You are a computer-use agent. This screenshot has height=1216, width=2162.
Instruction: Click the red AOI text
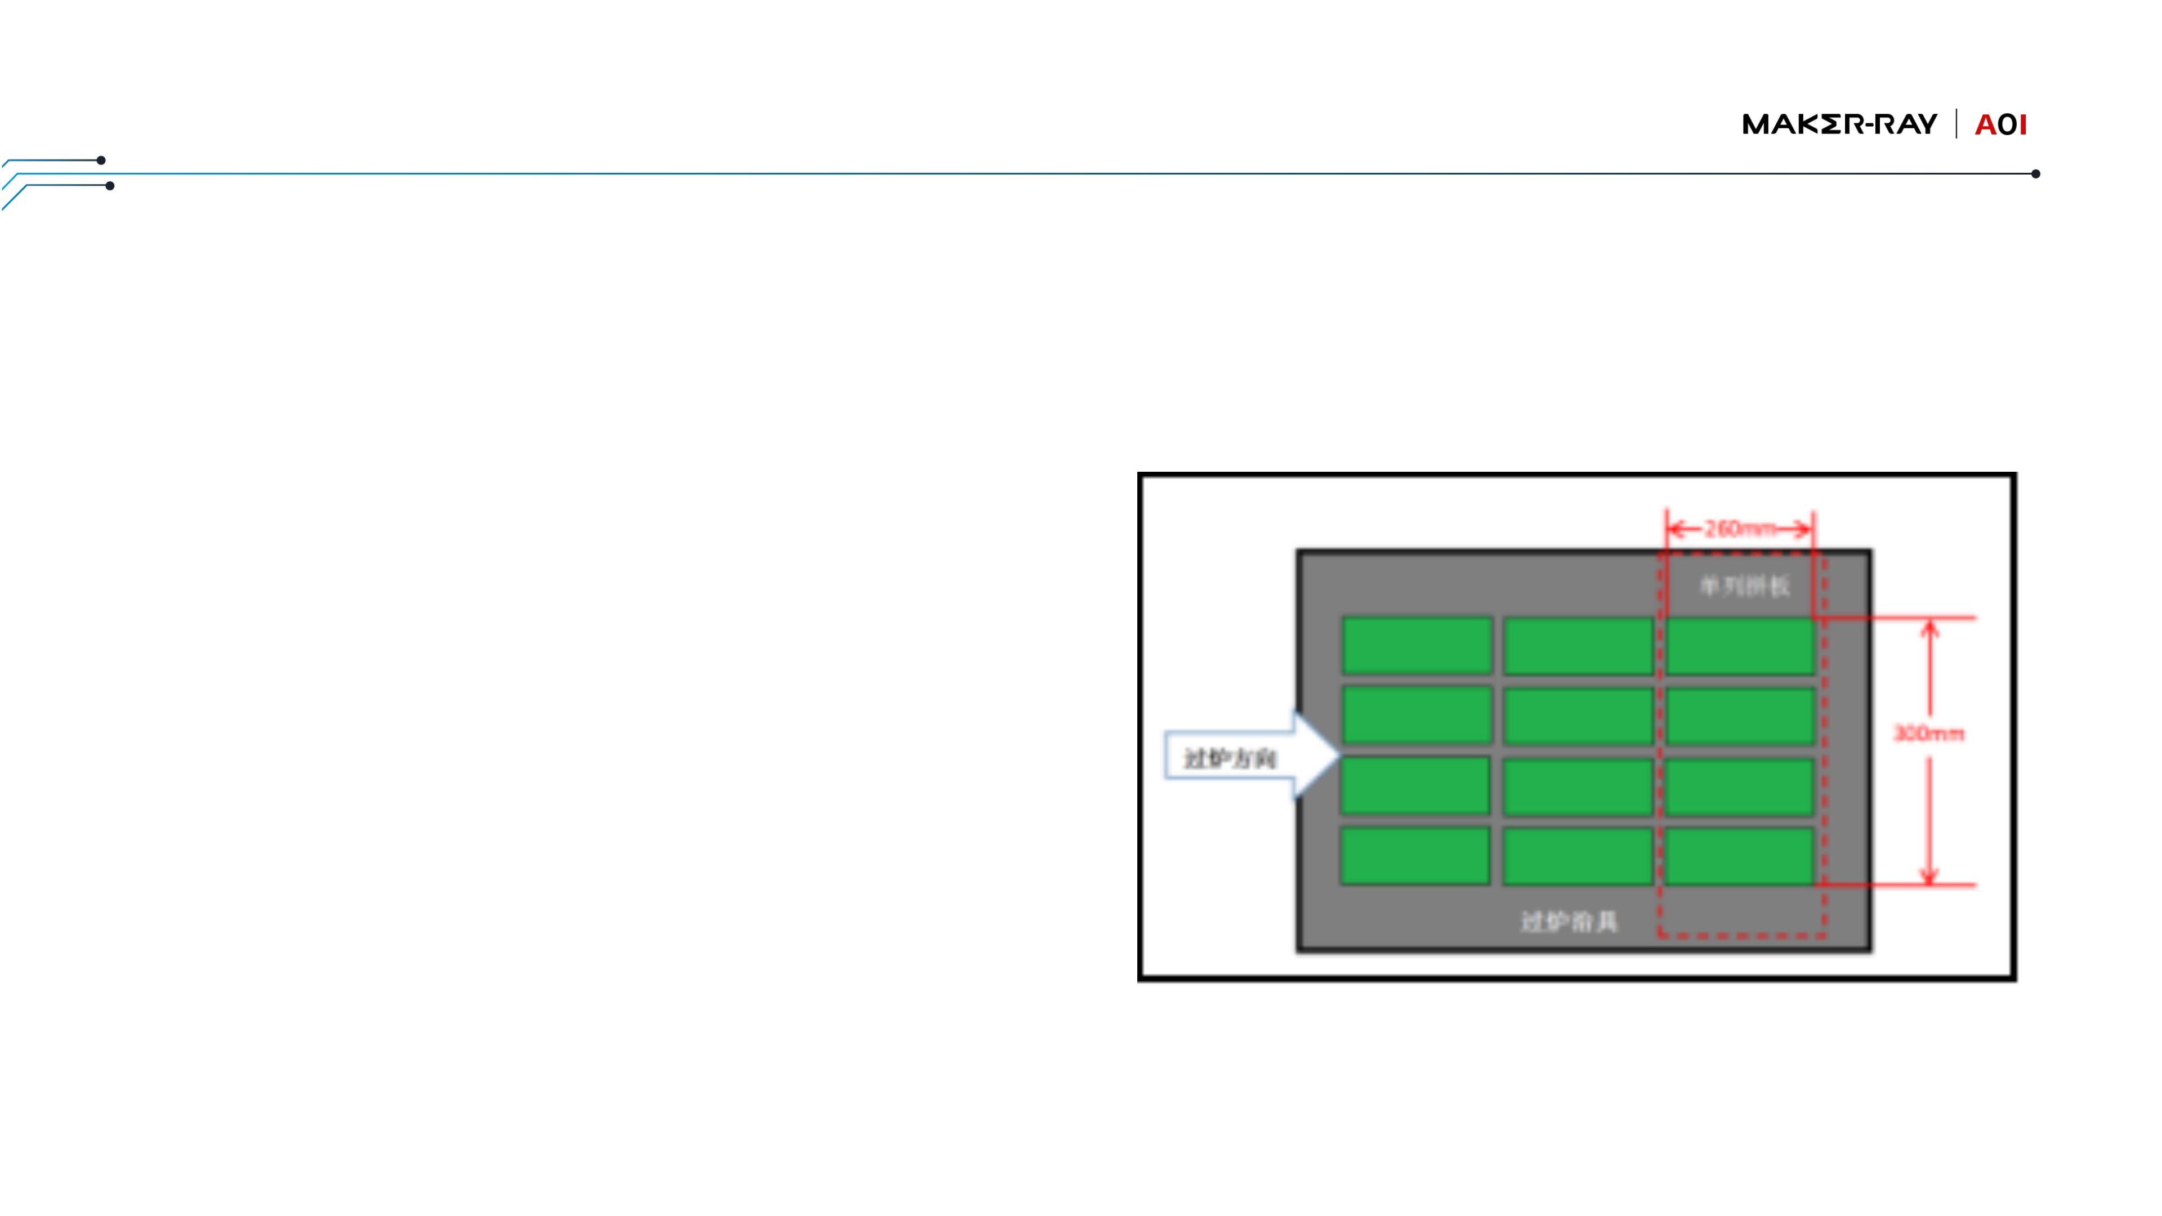pyautogui.click(x=2001, y=125)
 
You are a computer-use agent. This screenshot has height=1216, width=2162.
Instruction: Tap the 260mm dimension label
pyautogui.click(x=1740, y=529)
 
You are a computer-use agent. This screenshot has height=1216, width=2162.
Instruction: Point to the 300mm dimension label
pyautogui.click(x=1929, y=734)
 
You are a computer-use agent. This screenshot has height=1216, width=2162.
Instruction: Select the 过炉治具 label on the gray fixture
pyautogui.click(x=1569, y=922)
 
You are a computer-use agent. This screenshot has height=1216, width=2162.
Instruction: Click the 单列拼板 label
pyautogui.click(x=1744, y=585)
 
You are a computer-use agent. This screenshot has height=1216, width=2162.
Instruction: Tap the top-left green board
pyautogui.click(x=1417, y=645)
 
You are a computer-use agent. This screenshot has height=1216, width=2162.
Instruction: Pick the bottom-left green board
pyautogui.click(x=1415, y=855)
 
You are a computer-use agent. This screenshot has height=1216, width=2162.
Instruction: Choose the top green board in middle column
pyautogui.click(x=1578, y=645)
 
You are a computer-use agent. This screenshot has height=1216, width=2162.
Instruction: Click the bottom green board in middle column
pyautogui.click(x=1577, y=855)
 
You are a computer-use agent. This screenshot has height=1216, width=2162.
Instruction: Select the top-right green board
pyautogui.click(x=1740, y=645)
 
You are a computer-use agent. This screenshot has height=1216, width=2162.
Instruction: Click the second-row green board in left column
pyautogui.click(x=1417, y=715)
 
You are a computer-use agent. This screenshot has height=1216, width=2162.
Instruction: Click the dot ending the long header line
pyautogui.click(x=2035, y=174)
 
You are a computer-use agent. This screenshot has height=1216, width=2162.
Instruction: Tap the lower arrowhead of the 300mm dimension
pyautogui.click(x=1929, y=877)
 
